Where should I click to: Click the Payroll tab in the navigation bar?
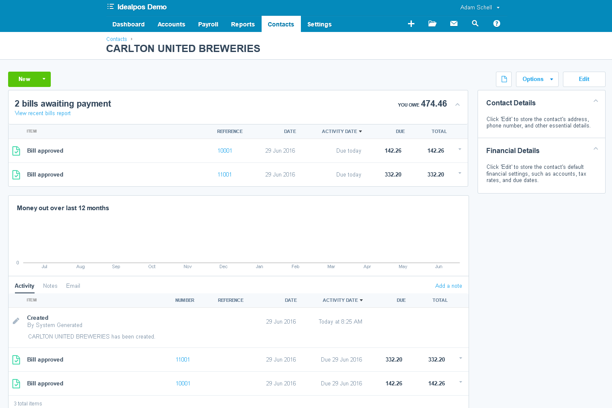point(208,24)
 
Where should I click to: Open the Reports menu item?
point(242,24)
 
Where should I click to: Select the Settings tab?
point(319,24)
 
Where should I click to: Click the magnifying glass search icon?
point(475,23)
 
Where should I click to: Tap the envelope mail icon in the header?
point(454,23)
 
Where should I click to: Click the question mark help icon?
point(496,23)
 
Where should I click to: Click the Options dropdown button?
point(537,79)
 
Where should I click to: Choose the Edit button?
point(584,79)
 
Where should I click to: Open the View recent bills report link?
point(43,113)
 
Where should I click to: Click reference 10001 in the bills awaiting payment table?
point(224,151)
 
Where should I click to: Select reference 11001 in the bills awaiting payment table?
point(224,175)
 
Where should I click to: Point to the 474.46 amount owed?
point(434,104)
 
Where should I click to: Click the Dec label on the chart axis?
point(223,267)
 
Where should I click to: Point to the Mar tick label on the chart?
point(331,267)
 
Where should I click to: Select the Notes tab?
point(50,286)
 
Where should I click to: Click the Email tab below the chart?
point(73,286)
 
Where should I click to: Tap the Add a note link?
point(448,286)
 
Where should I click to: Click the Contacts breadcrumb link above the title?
point(117,39)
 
